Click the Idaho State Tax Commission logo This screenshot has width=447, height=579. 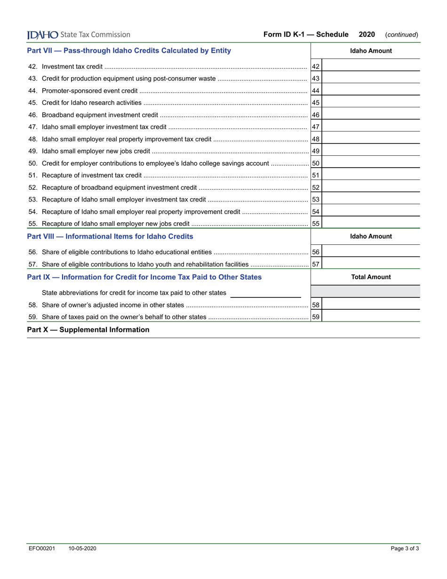click(x=79, y=34)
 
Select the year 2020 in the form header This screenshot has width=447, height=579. click(x=367, y=34)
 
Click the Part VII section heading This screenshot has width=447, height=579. click(x=129, y=50)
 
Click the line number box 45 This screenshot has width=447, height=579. click(x=316, y=103)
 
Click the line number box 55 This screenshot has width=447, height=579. click(x=316, y=224)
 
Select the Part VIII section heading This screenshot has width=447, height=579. click(x=110, y=236)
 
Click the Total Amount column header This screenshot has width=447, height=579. click(x=371, y=277)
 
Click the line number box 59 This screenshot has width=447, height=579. click(x=316, y=317)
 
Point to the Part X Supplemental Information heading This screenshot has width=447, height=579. click(x=88, y=330)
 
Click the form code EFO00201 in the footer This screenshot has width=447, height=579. click(x=41, y=548)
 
